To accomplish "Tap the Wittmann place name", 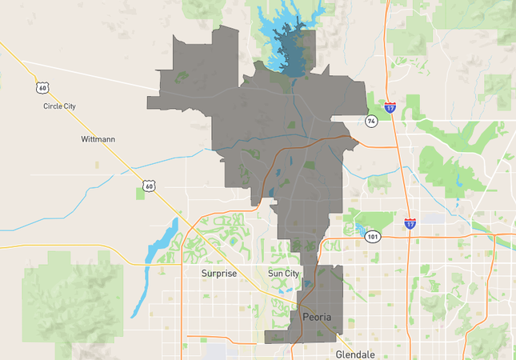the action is tap(98, 139).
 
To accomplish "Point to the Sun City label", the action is tap(283, 274).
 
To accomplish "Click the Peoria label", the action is tap(317, 318).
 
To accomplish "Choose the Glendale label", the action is tap(354, 353).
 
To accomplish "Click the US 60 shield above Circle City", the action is tap(41, 86).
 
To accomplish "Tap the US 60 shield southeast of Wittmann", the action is tap(146, 186).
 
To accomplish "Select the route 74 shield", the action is tap(370, 121).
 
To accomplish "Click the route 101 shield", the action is tap(372, 237).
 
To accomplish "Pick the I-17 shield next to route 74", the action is tap(390, 106).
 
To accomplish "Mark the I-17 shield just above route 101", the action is tap(410, 223).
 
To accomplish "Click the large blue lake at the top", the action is tap(288, 40).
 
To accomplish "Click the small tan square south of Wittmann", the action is tap(98, 164).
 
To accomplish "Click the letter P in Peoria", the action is tap(306, 318).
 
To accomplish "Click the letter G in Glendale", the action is tap(339, 353).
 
